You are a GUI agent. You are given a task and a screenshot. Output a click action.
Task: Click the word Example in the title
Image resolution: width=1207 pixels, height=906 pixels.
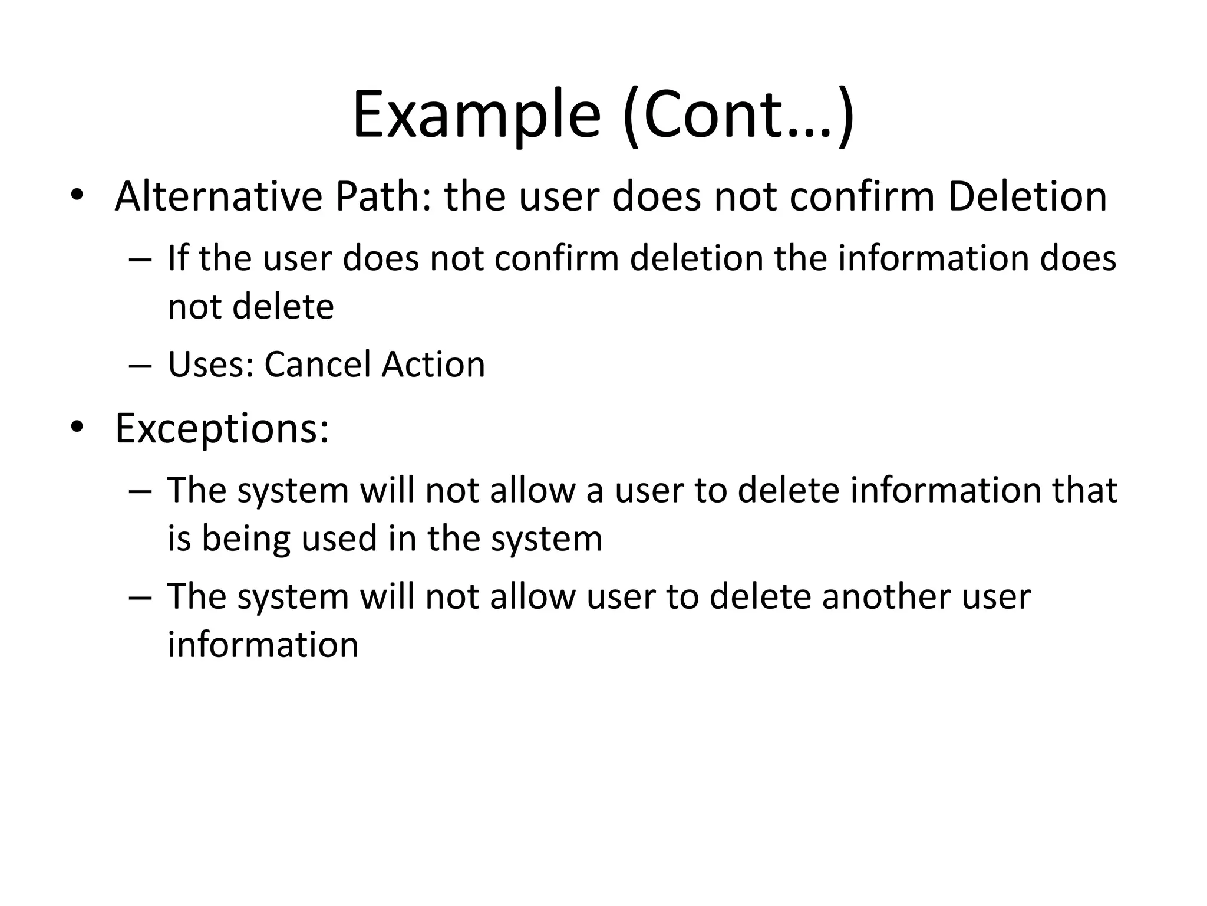(x=476, y=114)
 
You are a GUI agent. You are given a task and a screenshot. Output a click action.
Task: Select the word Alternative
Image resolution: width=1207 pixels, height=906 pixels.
(x=218, y=196)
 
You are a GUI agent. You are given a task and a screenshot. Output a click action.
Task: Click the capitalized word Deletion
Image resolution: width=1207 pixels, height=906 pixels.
(x=1027, y=196)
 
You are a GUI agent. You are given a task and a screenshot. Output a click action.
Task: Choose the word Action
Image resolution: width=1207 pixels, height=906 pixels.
(x=433, y=365)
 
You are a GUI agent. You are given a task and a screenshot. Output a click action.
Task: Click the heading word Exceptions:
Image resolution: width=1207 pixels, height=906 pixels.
(x=222, y=429)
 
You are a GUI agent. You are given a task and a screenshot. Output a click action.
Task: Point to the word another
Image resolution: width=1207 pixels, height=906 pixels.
(x=886, y=596)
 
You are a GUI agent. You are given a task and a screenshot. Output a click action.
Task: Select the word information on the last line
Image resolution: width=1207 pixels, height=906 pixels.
(x=263, y=645)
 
